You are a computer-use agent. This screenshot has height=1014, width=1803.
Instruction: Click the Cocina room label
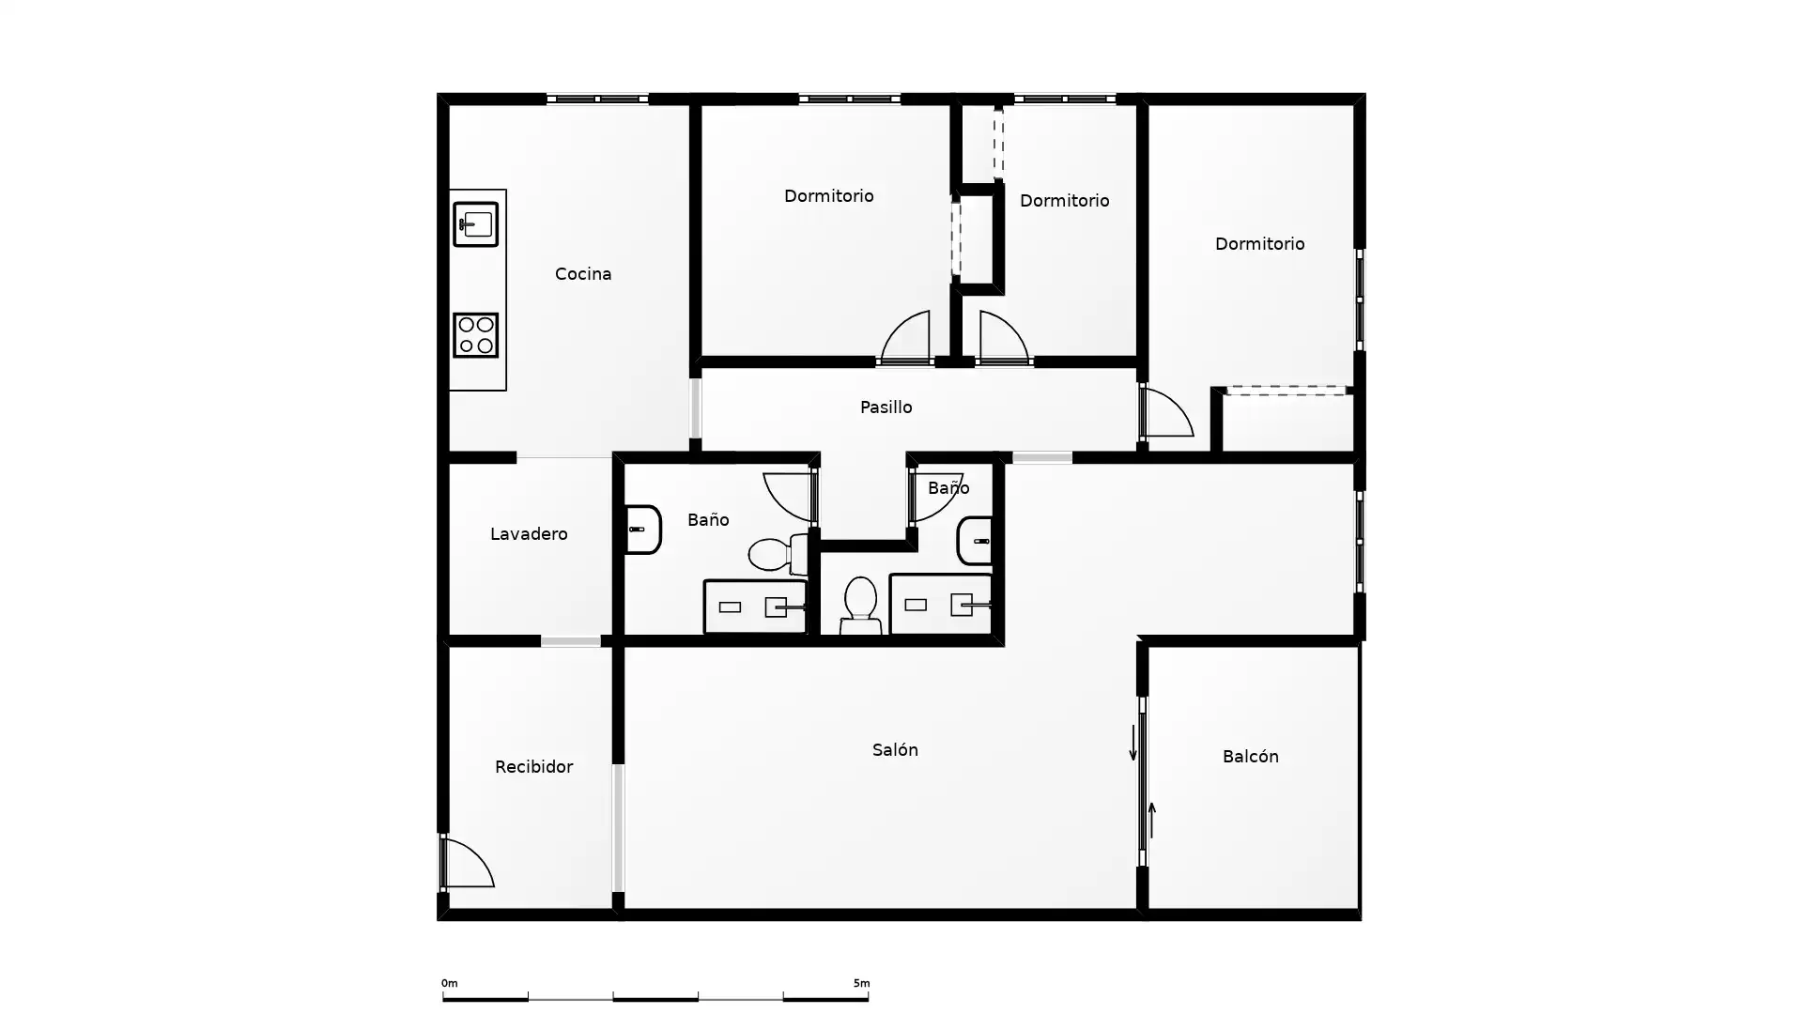coord(582,274)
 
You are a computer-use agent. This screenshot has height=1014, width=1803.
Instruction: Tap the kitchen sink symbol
coord(475,224)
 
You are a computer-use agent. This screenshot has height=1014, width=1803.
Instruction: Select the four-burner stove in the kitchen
coord(475,335)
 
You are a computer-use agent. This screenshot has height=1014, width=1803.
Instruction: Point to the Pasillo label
coord(886,407)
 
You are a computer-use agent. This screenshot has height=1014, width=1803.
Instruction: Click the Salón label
coord(895,750)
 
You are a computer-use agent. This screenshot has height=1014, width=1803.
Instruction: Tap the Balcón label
coord(1250,757)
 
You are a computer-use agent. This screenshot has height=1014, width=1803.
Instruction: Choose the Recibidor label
coord(533,767)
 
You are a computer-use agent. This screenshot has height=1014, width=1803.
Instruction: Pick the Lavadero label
coord(529,534)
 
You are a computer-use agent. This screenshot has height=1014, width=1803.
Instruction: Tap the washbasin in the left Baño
coord(643,530)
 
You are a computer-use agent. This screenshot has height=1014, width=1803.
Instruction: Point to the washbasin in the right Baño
coord(975,541)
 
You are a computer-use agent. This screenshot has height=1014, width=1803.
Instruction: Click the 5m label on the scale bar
coord(861,984)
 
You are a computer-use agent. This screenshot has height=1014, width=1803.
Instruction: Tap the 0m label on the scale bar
coord(450,984)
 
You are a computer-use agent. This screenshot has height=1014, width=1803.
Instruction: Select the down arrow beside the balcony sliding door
coord(1133,743)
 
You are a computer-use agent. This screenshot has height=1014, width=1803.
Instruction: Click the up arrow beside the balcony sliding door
coord(1151,820)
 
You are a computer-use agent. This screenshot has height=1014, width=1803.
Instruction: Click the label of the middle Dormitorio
coord(1064,201)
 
